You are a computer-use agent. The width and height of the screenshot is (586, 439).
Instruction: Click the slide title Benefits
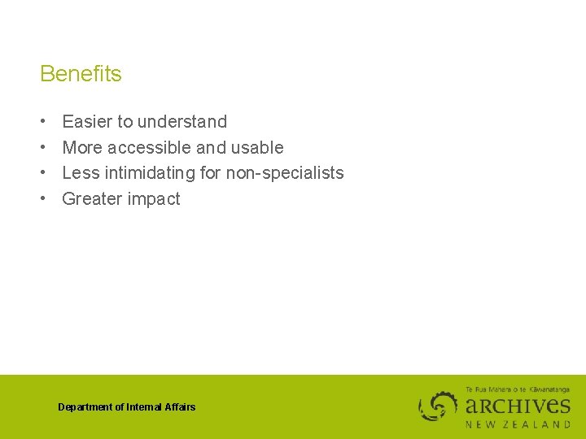click(81, 74)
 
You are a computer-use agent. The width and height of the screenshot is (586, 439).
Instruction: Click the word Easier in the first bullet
click(87, 122)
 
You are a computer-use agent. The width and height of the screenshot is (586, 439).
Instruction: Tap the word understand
click(182, 122)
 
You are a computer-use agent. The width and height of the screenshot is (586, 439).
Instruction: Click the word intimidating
click(150, 173)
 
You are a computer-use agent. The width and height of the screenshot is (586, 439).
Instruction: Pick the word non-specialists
click(284, 173)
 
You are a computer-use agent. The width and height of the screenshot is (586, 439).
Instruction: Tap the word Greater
click(90, 199)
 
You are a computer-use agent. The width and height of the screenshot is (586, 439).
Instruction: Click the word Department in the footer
click(85, 407)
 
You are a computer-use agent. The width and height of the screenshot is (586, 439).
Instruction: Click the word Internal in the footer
click(144, 407)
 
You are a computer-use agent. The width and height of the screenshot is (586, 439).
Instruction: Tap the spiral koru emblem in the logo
click(439, 406)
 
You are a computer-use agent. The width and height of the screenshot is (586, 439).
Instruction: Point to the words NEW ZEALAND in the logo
click(518, 424)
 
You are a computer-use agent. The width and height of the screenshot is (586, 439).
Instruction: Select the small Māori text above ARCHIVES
click(517, 389)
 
